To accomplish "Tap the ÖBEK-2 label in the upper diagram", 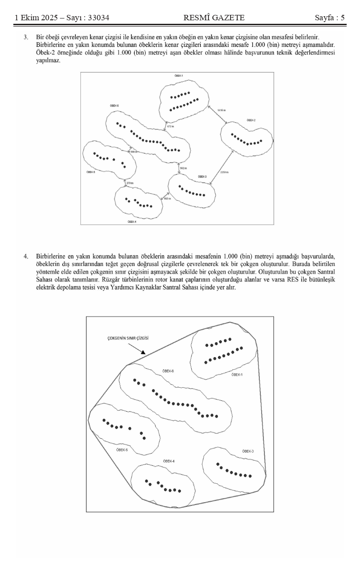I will click(251, 120).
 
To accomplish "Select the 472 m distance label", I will click(170, 127).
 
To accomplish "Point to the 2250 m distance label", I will click(224, 172).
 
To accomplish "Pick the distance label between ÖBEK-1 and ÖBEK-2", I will click(221, 110).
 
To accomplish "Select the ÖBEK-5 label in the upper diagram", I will click(90, 172).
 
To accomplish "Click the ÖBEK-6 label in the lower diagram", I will click(168, 371).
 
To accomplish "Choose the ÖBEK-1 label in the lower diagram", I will click(237, 375).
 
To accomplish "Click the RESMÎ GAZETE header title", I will click(214, 18).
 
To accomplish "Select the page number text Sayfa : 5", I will click(330, 18).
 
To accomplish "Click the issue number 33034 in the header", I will click(97, 18).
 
